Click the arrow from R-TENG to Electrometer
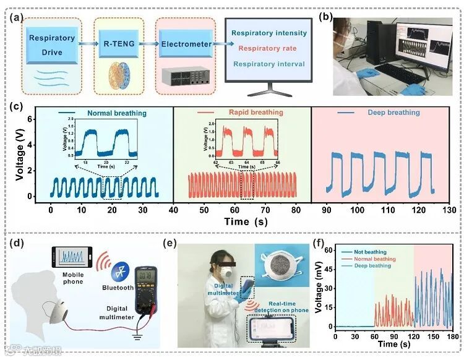point(147,45)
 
